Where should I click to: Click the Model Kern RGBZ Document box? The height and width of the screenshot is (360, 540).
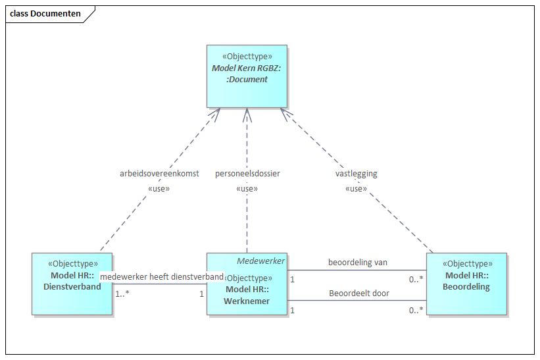point(247,76)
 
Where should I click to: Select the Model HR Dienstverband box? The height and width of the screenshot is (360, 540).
point(72,283)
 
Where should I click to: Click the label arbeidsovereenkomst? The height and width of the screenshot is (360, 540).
point(159,174)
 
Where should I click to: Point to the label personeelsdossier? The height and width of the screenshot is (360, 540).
point(247,174)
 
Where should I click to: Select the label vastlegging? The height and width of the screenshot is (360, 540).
point(356,174)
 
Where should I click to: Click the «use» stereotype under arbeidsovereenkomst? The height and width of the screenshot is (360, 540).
point(159,189)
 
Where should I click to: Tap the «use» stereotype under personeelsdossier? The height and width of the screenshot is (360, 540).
point(247,189)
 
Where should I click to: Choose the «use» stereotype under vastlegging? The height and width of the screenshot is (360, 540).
point(356,189)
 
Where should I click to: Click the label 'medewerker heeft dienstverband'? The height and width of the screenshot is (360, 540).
point(162,277)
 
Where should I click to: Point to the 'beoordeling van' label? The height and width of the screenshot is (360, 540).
point(358,263)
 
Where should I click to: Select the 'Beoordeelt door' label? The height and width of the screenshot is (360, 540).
point(358,294)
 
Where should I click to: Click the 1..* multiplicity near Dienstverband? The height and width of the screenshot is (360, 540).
point(122,294)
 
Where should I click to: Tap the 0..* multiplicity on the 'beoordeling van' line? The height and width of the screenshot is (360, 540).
point(415,279)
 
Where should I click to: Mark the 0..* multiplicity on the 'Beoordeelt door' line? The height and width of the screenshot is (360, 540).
point(415,310)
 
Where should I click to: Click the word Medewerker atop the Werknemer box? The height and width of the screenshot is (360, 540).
point(260,261)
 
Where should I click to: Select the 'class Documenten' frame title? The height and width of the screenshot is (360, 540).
point(45,14)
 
